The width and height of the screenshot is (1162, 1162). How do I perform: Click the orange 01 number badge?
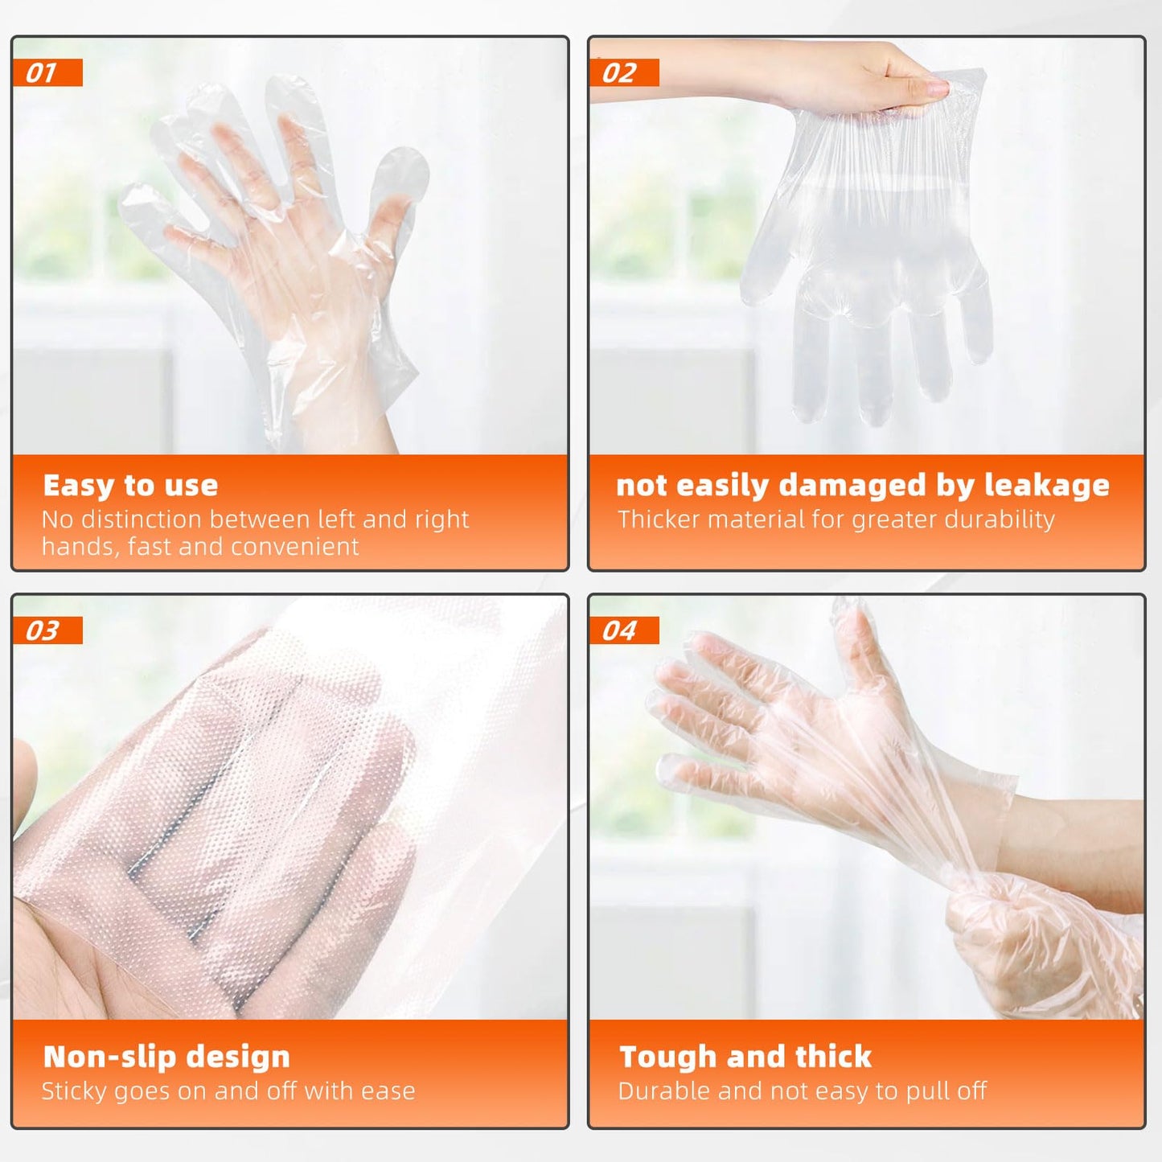(x=47, y=73)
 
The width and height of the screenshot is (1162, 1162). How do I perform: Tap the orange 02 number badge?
(x=624, y=73)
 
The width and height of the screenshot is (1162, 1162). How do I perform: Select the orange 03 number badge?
(x=47, y=631)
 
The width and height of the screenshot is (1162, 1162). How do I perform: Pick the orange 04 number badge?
(x=624, y=631)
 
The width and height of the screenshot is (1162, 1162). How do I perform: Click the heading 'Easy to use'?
(x=130, y=486)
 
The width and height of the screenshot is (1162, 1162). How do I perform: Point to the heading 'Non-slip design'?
(x=166, y=1057)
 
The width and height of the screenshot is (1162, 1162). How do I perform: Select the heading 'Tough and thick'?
(x=745, y=1057)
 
